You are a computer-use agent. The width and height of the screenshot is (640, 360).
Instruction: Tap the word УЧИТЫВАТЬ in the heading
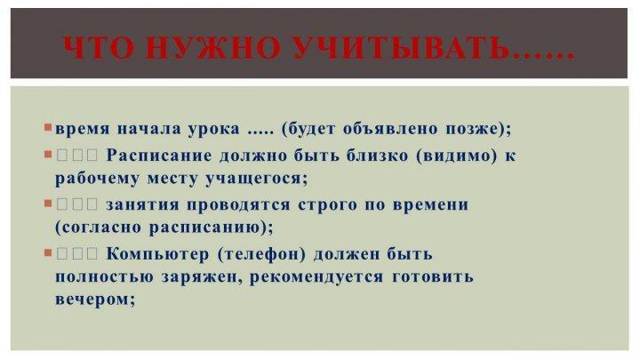(x=402, y=48)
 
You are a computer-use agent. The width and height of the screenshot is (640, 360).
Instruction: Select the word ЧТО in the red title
(x=99, y=48)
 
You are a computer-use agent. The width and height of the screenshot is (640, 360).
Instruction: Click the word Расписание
(x=159, y=156)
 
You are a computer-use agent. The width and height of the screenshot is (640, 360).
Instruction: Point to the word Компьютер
(x=157, y=255)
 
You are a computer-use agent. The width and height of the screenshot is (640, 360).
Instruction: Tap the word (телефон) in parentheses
(x=261, y=255)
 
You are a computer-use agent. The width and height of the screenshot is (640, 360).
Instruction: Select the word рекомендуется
(x=316, y=277)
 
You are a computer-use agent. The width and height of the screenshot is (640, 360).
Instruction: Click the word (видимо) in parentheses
(x=457, y=156)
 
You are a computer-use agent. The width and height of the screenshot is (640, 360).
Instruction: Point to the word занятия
(x=142, y=205)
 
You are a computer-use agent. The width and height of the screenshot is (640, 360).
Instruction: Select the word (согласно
(x=97, y=228)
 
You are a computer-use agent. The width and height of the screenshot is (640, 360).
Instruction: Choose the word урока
(x=214, y=130)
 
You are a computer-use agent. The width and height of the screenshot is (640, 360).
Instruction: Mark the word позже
(x=473, y=129)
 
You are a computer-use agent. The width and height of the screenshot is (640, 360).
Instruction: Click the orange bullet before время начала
(x=48, y=128)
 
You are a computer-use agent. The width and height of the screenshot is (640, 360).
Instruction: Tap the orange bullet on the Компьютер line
(x=48, y=253)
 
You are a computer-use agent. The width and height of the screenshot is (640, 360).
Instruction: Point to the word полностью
(x=104, y=277)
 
